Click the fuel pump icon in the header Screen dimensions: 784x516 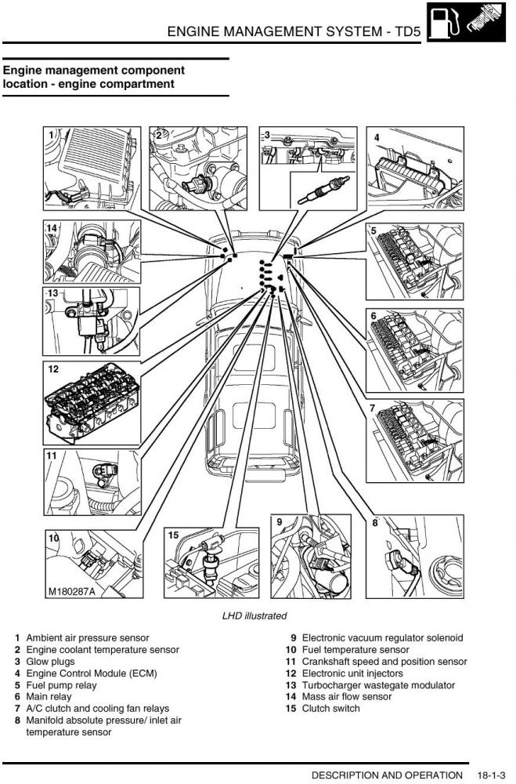444,20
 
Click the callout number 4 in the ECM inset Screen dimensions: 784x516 377,137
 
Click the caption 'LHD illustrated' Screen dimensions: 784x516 254,616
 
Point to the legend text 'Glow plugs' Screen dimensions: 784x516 51,662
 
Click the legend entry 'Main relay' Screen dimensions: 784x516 49,696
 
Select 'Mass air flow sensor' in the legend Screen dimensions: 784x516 347,697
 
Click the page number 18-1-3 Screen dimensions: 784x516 491,775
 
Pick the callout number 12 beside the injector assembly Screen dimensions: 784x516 54,368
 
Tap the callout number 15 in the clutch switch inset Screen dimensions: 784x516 174,535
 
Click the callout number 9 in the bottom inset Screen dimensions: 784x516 279,521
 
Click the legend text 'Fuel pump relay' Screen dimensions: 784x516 62,685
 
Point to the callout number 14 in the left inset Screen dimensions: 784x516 52,228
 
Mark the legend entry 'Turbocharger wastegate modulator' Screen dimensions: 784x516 378,685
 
